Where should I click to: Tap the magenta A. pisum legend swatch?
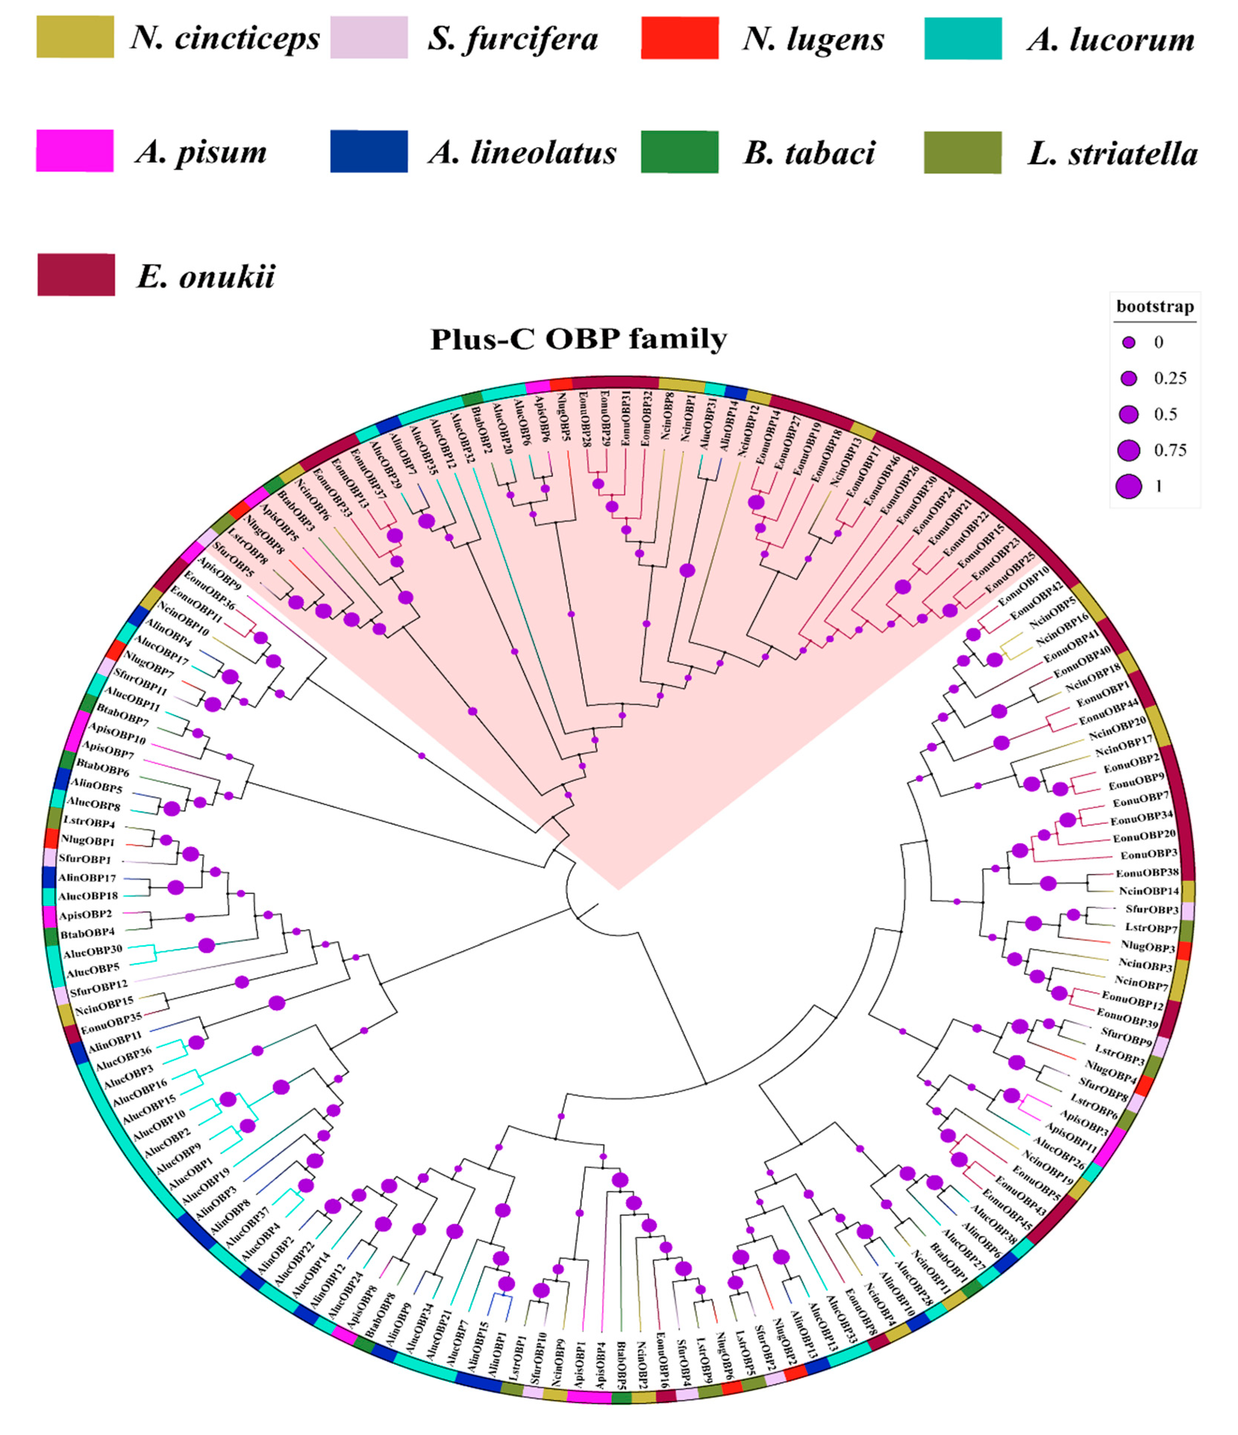coord(75,151)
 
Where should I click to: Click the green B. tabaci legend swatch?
coord(679,151)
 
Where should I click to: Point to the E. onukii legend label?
coord(206,276)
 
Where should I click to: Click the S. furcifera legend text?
coord(512,38)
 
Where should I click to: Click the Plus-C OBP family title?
coord(579,339)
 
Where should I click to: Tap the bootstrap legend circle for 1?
coord(1129,486)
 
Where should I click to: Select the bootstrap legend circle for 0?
coord(1129,342)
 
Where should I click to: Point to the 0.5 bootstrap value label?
coord(1165,414)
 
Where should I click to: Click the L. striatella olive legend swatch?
coord(962,151)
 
